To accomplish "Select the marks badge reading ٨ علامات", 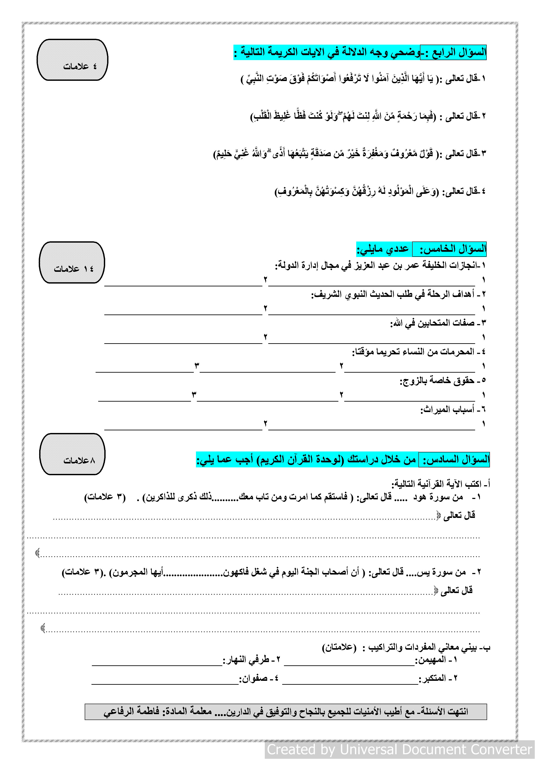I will point(72,454).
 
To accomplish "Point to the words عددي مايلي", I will point(383,249).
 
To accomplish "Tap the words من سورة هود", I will point(438,497).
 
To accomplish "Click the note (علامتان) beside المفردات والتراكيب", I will point(339,647).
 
